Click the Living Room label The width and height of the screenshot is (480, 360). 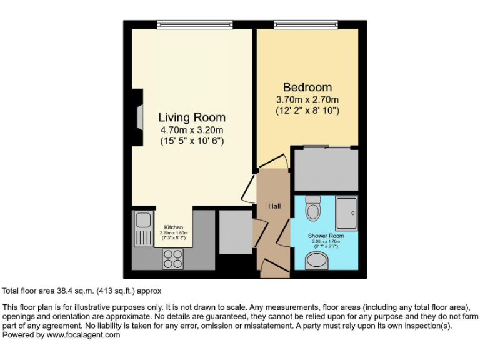click(191, 117)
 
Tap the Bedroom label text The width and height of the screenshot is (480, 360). click(307, 87)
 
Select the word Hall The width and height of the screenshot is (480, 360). click(274, 206)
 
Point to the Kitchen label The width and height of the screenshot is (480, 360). click(174, 227)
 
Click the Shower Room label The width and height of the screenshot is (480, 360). click(326, 236)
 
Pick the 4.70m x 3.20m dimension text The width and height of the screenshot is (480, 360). click(191, 130)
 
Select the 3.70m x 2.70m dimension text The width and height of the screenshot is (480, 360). click(307, 99)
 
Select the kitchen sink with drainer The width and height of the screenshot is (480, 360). click(142, 227)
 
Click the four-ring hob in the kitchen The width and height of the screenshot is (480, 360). click(173, 259)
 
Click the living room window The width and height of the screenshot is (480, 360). click(194, 24)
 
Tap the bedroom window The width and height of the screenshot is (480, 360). click(306, 24)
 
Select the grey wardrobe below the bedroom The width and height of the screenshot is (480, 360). click(326, 169)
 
